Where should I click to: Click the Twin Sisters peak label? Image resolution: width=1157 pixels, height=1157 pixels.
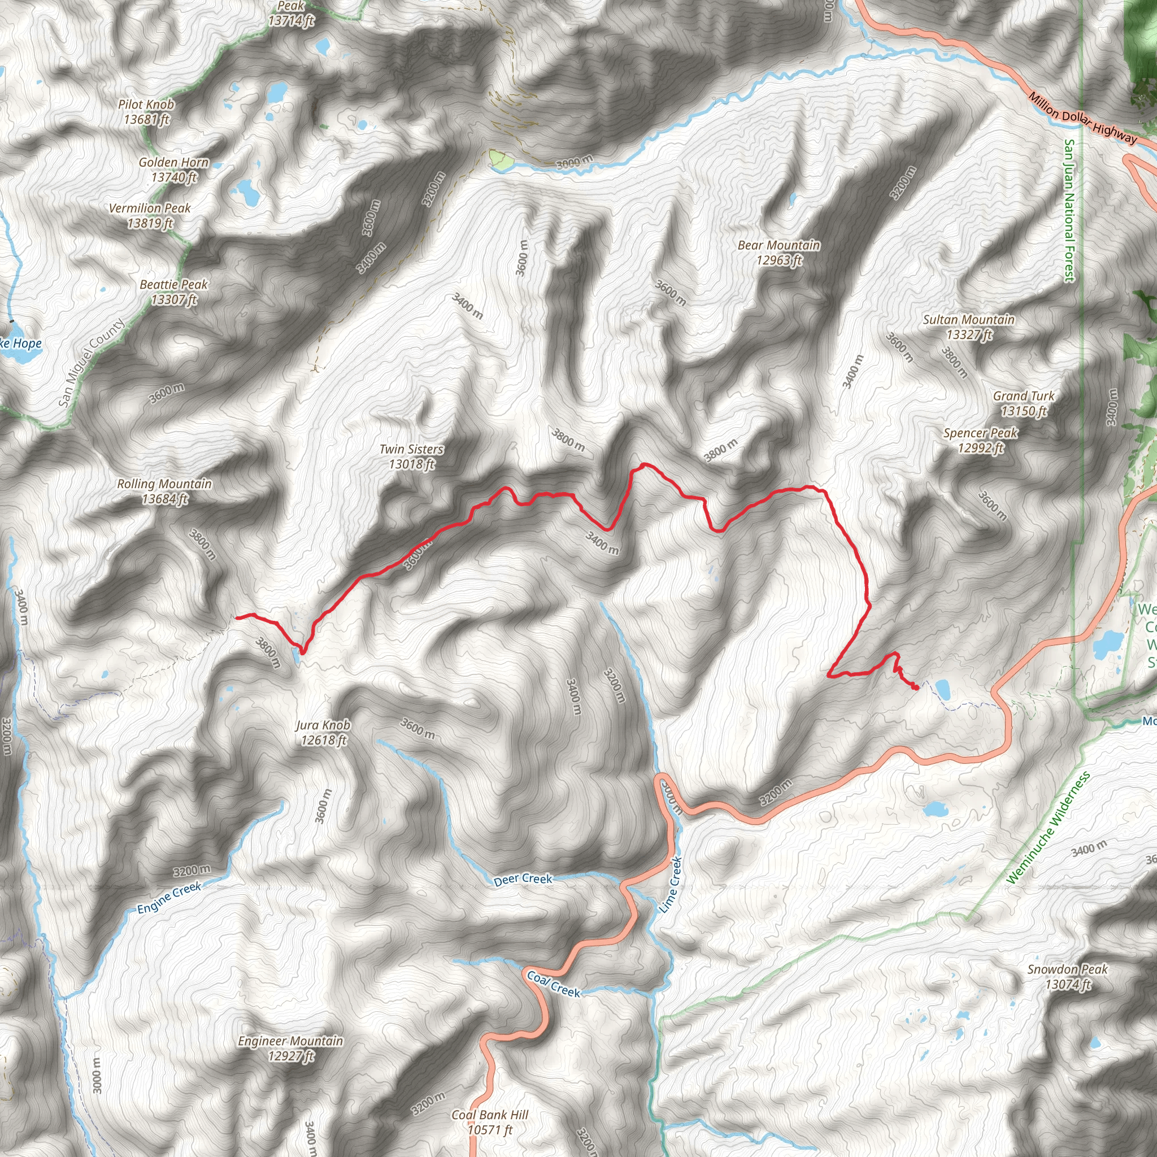[411, 456]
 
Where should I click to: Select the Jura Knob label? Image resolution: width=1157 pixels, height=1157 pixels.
[323, 732]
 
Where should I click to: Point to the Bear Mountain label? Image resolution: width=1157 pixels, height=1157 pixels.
[778, 252]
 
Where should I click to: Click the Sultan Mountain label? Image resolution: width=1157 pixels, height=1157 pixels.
[968, 327]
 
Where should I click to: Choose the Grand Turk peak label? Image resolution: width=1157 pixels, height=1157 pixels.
[1024, 403]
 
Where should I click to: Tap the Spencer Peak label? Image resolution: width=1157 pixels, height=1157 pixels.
[980, 440]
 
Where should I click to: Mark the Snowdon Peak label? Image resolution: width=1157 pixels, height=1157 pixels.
[1067, 976]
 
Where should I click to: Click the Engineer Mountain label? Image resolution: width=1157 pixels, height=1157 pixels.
[290, 1048]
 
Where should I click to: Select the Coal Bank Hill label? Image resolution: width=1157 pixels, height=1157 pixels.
[490, 1121]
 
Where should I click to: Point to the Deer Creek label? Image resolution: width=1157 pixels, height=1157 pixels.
[523, 879]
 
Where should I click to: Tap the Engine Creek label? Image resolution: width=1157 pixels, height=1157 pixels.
[169, 898]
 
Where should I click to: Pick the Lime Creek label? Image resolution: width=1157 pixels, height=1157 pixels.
[670, 885]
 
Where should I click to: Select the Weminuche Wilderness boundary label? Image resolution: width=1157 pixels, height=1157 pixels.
[1048, 829]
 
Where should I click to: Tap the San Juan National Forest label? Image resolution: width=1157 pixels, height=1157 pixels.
[1069, 210]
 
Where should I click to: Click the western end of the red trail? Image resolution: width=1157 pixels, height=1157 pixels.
[236, 616]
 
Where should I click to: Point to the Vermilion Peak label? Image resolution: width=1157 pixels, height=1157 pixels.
[150, 216]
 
